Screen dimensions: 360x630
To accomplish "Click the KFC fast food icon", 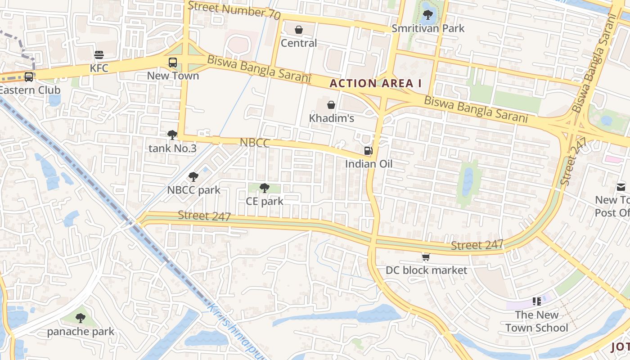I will coord(99,55).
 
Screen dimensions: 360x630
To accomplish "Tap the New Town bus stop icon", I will coord(173,63).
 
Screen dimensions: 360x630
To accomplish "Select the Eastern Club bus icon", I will coord(28,77).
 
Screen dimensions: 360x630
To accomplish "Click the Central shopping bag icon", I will coord(298,30).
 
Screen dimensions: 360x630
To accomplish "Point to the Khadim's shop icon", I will coord(331,105).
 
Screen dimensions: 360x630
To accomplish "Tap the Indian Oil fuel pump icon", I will coord(368,151).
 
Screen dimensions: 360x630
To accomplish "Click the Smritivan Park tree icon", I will coord(427,15).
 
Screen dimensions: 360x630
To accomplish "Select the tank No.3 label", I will coord(172,148).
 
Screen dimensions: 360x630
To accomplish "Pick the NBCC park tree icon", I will coord(193,177).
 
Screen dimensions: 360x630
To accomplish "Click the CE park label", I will coord(265,201).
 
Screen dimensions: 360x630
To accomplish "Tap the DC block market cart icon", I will coord(426,257).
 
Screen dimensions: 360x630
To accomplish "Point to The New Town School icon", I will coord(536,301).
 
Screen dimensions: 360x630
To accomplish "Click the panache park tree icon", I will coord(81,319).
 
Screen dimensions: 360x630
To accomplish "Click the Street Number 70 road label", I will coord(234,9).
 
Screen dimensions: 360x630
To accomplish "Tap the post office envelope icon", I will coord(621,187).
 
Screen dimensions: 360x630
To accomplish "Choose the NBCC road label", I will coord(255,143).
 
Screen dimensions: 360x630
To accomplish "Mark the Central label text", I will coord(299,43).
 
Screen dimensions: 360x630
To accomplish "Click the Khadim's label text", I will coord(332,118).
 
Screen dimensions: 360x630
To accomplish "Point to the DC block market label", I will coord(427,270).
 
